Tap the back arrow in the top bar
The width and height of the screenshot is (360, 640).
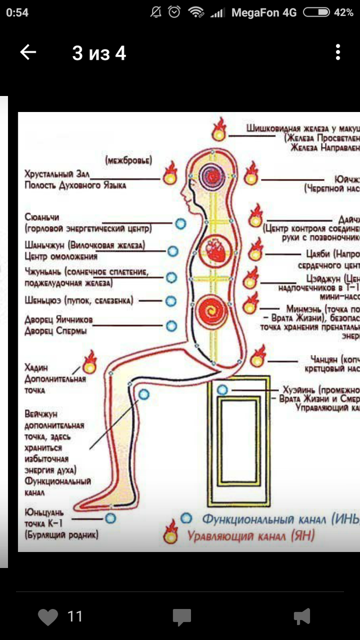tap(28, 52)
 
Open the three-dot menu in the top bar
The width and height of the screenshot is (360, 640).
tap(338, 52)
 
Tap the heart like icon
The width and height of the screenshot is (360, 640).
tap(48, 617)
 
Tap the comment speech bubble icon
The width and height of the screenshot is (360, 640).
tap(182, 617)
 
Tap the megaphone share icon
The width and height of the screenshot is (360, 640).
tap(302, 617)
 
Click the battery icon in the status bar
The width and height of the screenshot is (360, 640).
tap(318, 12)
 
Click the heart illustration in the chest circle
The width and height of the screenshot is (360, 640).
tap(218, 249)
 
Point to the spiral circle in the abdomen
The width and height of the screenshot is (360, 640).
tap(217, 311)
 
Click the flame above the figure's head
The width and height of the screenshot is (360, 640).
tap(218, 130)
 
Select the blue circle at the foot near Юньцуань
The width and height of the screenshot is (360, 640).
tap(110, 517)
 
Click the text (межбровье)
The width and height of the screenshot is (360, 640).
tap(129, 160)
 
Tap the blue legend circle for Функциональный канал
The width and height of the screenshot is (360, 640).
tap(186, 517)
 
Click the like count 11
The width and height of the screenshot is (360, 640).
tap(75, 617)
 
